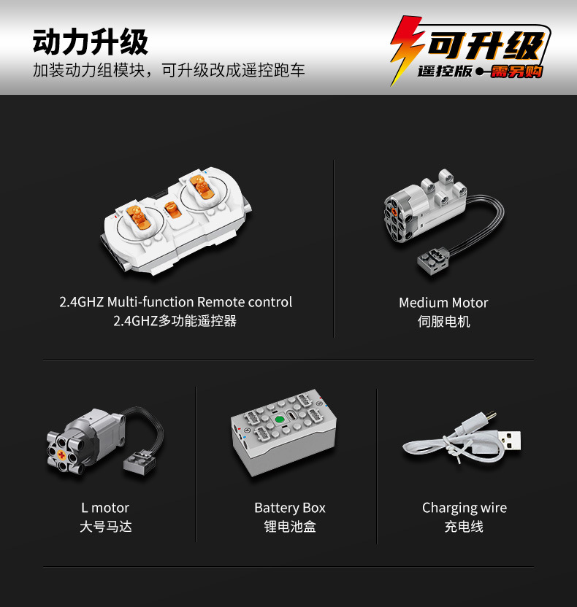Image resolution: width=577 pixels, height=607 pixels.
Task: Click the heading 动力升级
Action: [x=91, y=42]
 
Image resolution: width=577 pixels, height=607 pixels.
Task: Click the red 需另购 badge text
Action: [x=516, y=71]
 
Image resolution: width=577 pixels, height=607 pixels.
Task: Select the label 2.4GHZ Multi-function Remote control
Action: [x=175, y=302]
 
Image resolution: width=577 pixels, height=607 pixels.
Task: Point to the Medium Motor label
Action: [x=443, y=303]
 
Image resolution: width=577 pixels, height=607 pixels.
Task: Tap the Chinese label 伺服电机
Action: [x=443, y=321]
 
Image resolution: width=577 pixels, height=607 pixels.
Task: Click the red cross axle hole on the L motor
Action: [x=61, y=455]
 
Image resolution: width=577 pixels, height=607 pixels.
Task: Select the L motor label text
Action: [x=105, y=508]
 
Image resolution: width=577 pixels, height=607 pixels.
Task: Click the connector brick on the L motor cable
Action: [x=140, y=461]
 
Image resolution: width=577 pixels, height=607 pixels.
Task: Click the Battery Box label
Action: [x=290, y=508]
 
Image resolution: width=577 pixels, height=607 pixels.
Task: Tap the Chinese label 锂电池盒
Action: [x=290, y=527]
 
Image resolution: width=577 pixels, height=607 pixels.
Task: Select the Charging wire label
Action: [x=465, y=508]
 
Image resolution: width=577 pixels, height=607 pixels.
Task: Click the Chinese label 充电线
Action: [x=464, y=527]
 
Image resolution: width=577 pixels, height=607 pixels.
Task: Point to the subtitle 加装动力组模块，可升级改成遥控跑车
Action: [x=169, y=70]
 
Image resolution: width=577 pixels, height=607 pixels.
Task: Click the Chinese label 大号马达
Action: [x=106, y=527]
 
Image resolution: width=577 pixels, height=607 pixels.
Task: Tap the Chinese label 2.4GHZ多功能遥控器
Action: [x=175, y=321]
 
